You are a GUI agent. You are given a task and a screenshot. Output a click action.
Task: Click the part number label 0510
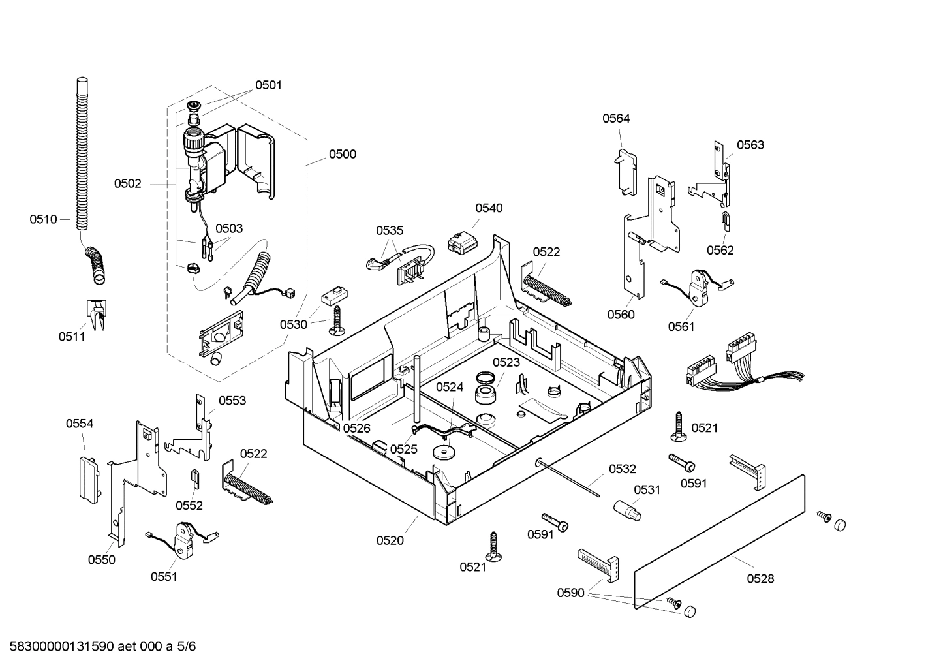[x=43, y=219]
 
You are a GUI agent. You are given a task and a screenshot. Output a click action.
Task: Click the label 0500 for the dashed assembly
[x=342, y=154]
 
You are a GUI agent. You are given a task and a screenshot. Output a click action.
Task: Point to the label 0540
[x=489, y=208]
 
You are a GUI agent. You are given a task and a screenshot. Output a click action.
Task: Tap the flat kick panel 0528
[x=718, y=542]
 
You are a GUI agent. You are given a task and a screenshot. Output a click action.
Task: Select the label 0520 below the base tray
[x=390, y=540]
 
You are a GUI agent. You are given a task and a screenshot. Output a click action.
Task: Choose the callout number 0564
[x=615, y=118]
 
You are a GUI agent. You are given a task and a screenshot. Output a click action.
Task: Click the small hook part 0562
[x=725, y=221]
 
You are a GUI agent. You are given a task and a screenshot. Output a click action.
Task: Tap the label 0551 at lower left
[x=164, y=576]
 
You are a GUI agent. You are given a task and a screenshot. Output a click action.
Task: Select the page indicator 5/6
[x=186, y=647]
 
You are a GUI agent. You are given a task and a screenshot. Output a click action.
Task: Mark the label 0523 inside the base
[x=506, y=362]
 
